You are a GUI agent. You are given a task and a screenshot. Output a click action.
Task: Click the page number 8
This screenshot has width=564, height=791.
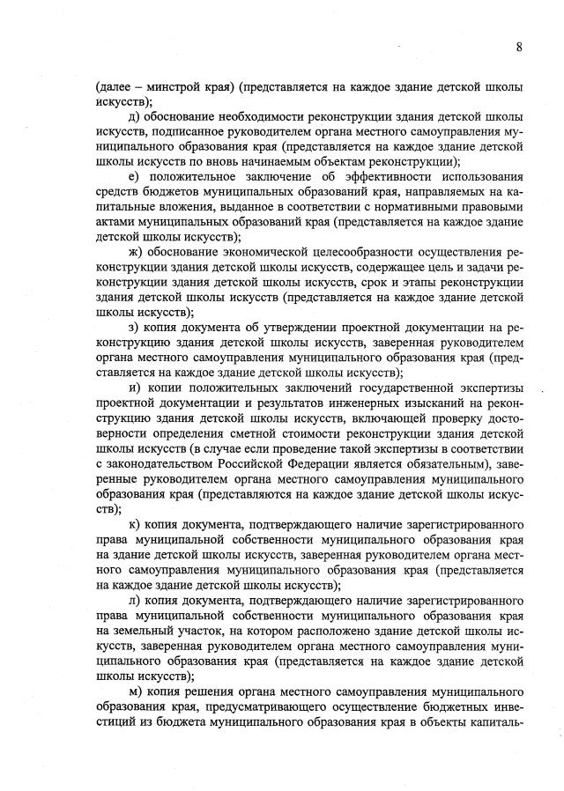coord(519,47)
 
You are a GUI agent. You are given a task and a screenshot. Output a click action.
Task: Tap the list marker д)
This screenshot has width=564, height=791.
coord(134,117)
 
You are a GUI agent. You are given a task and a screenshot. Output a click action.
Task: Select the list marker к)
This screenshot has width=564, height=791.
coord(134,529)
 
